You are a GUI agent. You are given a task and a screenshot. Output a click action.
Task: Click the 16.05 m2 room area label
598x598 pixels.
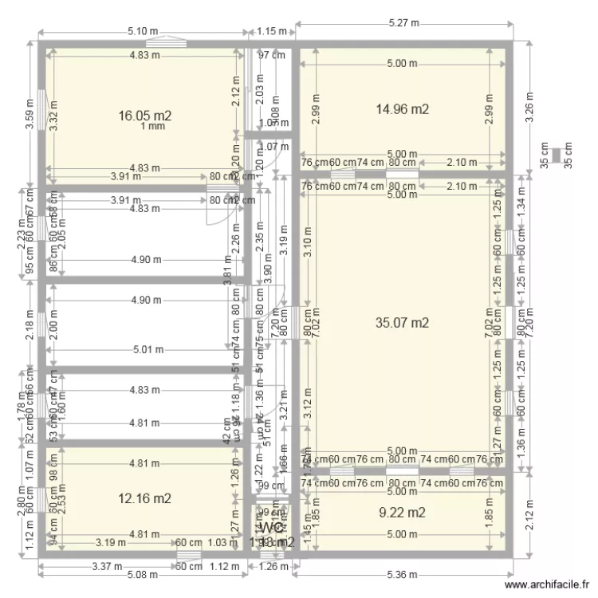(145, 116)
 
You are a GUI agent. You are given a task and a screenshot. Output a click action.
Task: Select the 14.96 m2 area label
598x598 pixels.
(403, 109)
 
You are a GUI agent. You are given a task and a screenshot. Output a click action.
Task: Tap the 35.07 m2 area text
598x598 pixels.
(403, 323)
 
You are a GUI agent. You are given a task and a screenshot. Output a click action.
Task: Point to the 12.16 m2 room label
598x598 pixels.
(145, 499)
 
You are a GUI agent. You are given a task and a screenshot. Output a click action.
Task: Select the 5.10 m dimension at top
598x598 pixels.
(143, 32)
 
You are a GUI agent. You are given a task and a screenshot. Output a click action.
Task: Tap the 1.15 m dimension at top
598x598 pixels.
(271, 32)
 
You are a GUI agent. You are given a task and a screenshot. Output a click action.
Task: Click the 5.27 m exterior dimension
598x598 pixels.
(404, 25)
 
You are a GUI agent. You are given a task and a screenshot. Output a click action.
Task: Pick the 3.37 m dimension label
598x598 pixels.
(105, 567)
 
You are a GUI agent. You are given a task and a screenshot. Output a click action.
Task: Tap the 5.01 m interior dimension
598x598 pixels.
(148, 349)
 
